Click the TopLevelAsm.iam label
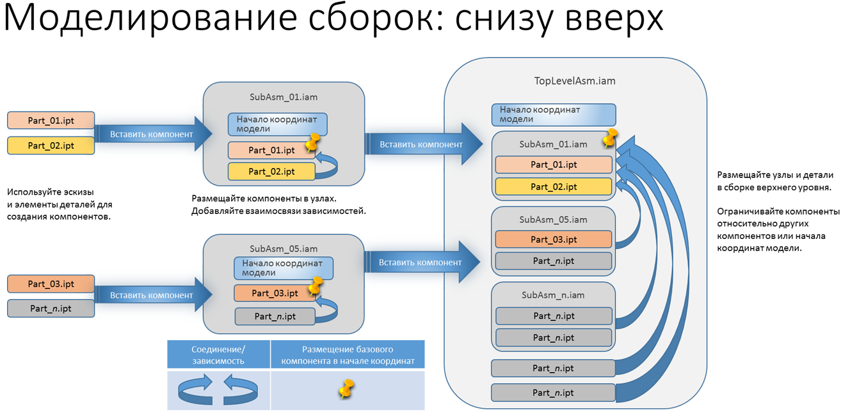point(575,81)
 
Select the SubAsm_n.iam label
point(553,295)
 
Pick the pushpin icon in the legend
point(346,389)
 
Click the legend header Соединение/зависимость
point(218,355)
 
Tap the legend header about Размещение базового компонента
point(348,355)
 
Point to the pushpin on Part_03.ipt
point(315,286)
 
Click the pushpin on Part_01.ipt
point(312,143)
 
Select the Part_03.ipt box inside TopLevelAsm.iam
point(553,240)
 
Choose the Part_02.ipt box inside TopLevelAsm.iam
point(553,186)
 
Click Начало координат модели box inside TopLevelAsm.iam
point(553,115)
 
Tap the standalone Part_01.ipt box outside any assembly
point(51,120)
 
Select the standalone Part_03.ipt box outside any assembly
point(51,284)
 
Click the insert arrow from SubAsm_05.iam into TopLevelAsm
point(422,262)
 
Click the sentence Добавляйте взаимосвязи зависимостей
point(278,211)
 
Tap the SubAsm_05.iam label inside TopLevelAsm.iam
point(553,219)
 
